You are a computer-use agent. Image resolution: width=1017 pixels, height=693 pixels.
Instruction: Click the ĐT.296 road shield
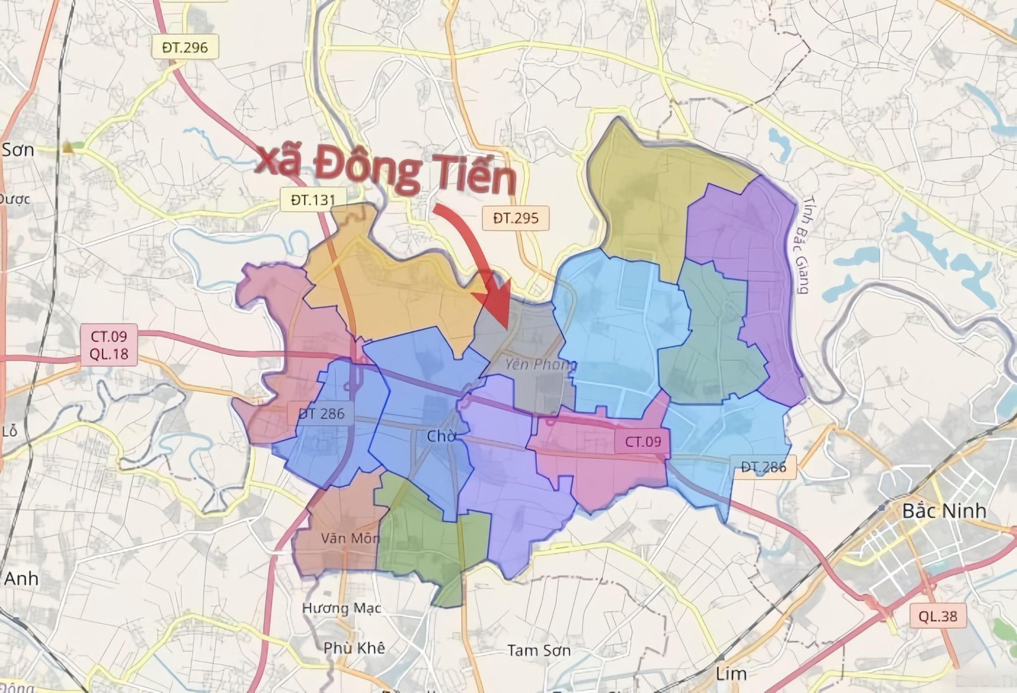tap(185, 48)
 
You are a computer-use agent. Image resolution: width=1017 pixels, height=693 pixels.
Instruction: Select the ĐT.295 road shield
tap(516, 218)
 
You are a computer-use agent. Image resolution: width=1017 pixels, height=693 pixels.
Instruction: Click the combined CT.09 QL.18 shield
tap(109, 344)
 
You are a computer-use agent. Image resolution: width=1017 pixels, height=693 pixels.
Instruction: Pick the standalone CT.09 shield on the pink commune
tap(643, 441)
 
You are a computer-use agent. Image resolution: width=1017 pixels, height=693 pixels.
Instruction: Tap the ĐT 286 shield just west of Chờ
tap(321, 413)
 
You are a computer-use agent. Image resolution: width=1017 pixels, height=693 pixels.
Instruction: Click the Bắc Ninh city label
tap(944, 511)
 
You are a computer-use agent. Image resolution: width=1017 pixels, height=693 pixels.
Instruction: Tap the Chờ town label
tap(441, 436)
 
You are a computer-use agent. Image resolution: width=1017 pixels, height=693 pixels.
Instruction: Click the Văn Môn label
tap(350, 538)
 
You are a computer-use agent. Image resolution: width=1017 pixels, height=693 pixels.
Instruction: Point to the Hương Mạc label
tap(342, 608)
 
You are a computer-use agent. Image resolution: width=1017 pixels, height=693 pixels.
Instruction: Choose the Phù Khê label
tap(354, 648)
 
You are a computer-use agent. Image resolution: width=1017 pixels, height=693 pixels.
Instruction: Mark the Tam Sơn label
tap(539, 650)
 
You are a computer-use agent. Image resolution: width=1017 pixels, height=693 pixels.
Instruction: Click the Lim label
tap(731, 674)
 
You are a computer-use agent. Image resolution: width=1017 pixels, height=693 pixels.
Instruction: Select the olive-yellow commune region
tap(646, 199)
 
